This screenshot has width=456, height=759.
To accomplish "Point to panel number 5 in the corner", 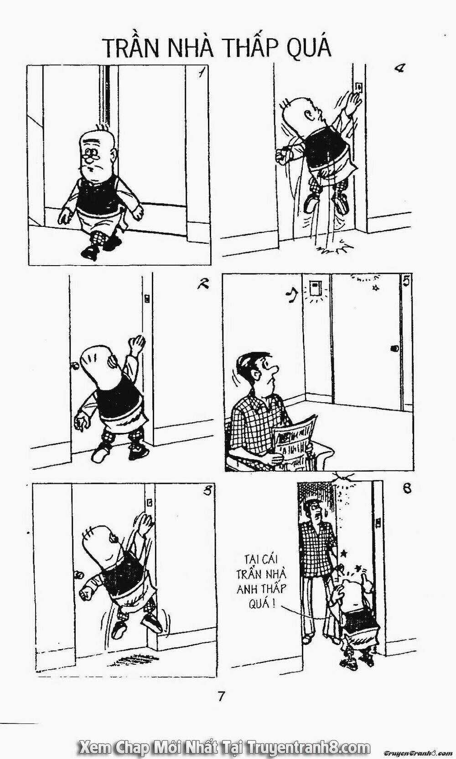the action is (x=406, y=282).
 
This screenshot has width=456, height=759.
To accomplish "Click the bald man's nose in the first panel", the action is (x=89, y=159).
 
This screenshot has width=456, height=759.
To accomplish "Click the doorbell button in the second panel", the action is (x=147, y=299).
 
